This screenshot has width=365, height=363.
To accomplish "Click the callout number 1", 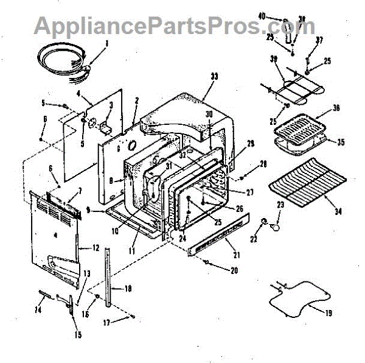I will tap(106, 43).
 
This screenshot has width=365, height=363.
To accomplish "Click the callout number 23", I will tap(280, 205).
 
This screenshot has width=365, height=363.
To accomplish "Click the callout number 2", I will tap(137, 99).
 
